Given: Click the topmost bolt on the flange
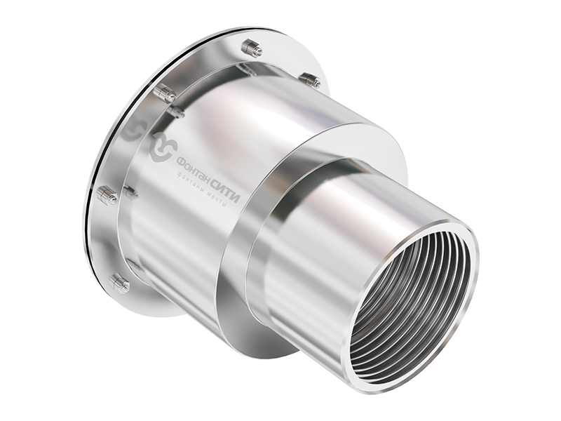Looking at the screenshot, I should coord(250,48).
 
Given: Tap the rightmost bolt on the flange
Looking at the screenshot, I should coord(311,81).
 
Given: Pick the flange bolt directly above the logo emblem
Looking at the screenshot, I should coord(165,92).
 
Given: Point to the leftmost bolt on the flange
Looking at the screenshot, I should coord(107,196).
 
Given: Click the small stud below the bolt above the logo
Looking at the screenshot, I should coord(176,112).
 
